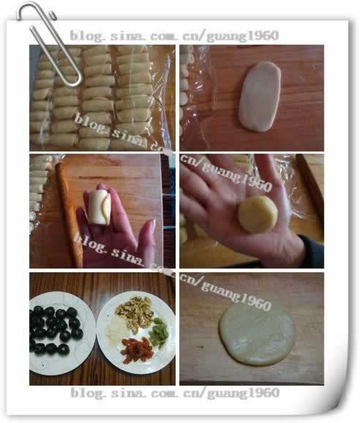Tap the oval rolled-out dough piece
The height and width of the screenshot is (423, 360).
pyautogui.click(x=260, y=97)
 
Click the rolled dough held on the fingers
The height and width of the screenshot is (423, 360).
pyautogui.click(x=100, y=206)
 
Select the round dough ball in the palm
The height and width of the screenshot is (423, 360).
pyautogui.click(x=258, y=214)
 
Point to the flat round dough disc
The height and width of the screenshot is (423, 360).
pyautogui.click(x=256, y=334)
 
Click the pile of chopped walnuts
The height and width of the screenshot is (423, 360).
pyautogui.click(x=135, y=313)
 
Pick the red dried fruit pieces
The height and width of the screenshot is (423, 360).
pyautogui.click(x=136, y=350)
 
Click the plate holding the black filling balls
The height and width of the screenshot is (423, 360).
pyautogui.click(x=61, y=333)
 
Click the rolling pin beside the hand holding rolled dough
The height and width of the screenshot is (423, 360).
pyautogui.click(x=69, y=214)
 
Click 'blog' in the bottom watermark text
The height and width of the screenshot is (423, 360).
pyautogui.click(x=88, y=393)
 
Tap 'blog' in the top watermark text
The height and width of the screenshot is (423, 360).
pyautogui.click(x=87, y=36)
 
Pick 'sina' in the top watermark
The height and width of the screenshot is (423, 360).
pyautogui.click(x=127, y=36)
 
